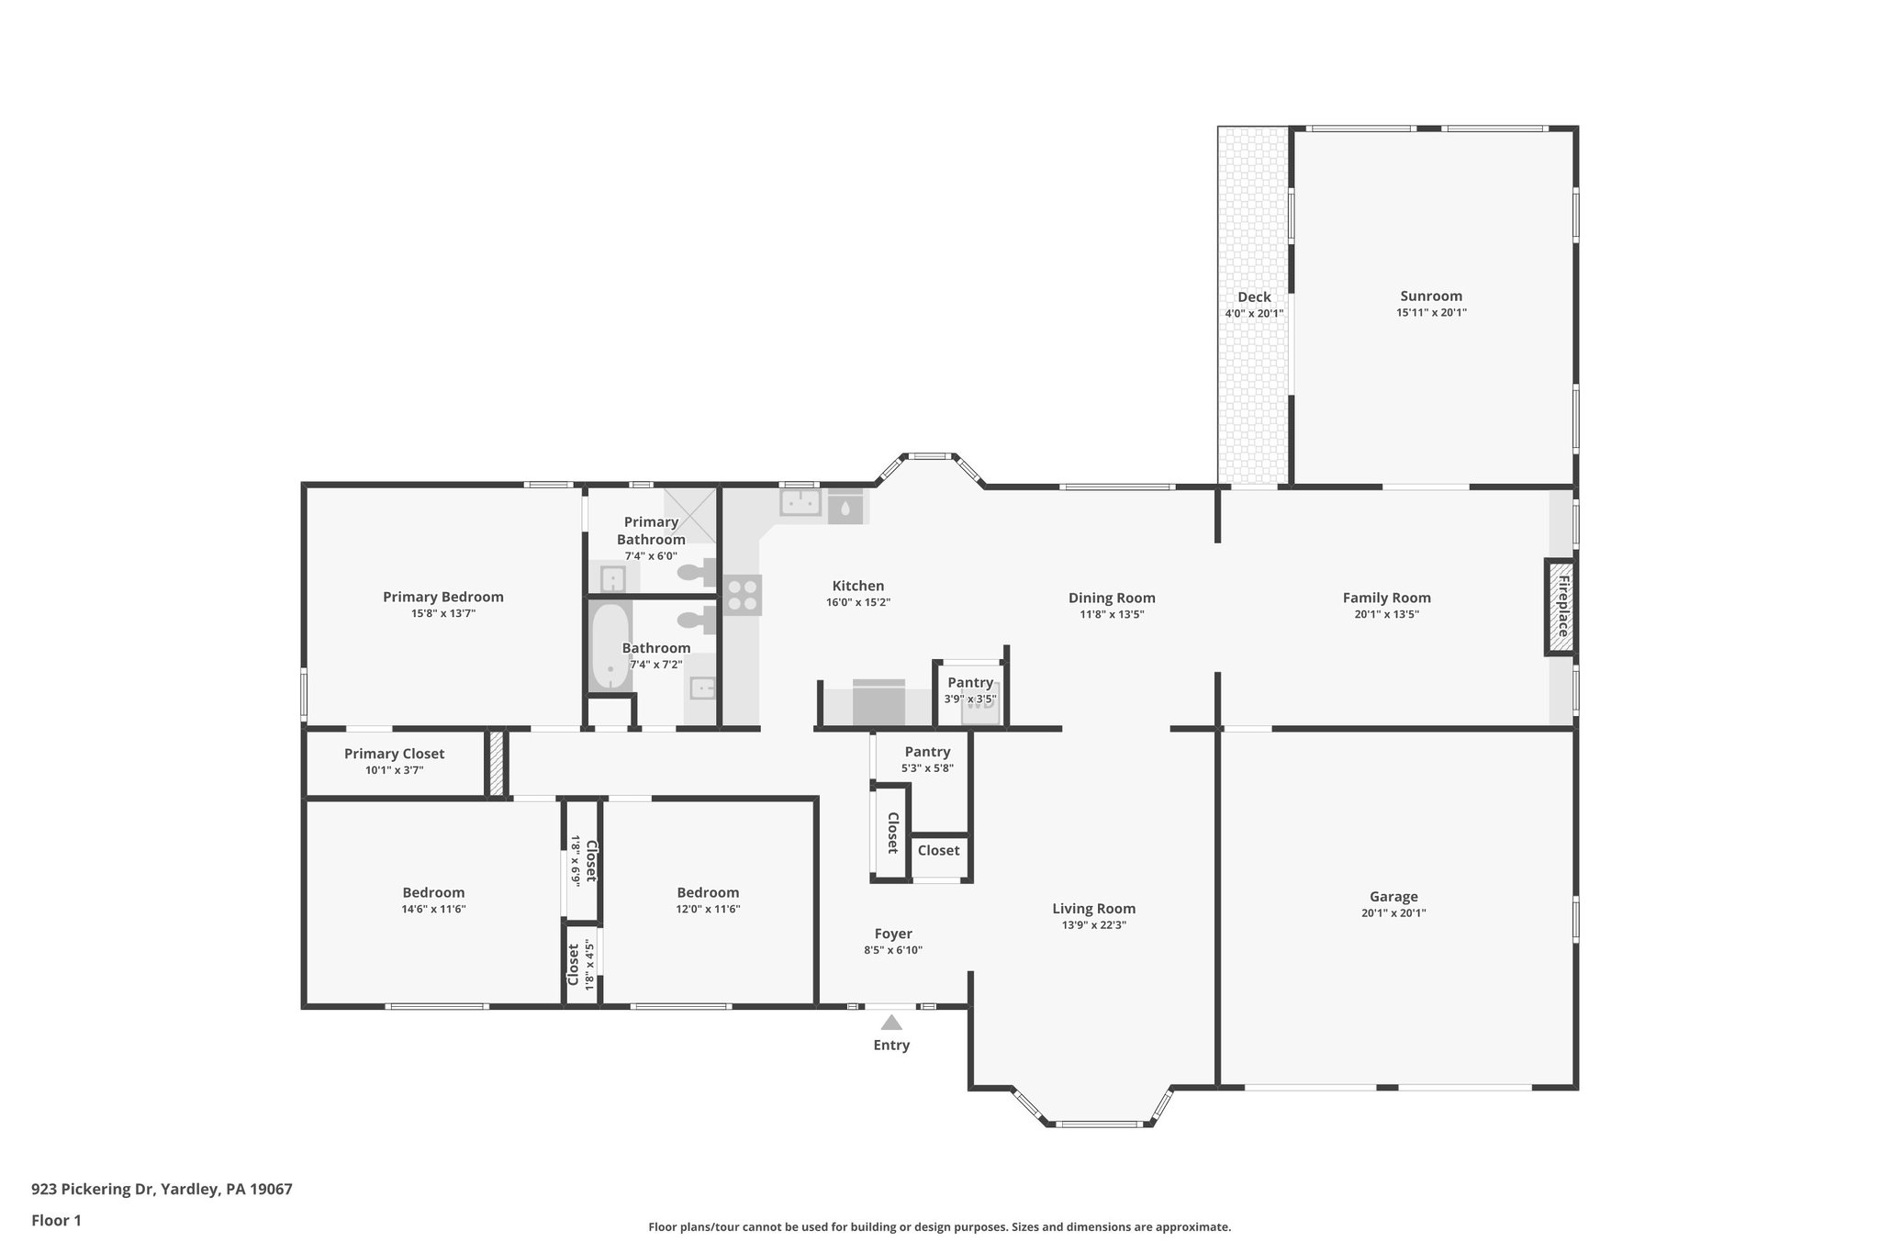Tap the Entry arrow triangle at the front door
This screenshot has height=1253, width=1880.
pyautogui.click(x=891, y=1023)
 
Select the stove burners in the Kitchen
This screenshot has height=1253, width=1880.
pyautogui.click(x=742, y=594)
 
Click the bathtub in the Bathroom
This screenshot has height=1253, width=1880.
pyautogui.click(x=610, y=646)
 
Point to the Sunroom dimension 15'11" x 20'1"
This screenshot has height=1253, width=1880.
pyautogui.click(x=1431, y=313)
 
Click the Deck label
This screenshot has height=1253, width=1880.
pyautogui.click(x=1254, y=296)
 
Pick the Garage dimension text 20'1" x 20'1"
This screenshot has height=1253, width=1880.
pyautogui.click(x=1393, y=913)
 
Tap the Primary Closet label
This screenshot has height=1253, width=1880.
pyautogui.click(x=394, y=754)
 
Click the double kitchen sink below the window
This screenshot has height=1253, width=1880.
pyautogui.click(x=800, y=503)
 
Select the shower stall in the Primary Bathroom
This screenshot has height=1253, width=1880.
pyautogui.click(x=690, y=515)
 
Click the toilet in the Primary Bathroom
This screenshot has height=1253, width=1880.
pyautogui.click(x=698, y=573)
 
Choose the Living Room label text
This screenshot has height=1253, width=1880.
pyautogui.click(x=1093, y=909)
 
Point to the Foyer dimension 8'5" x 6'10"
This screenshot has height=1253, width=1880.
pyautogui.click(x=892, y=950)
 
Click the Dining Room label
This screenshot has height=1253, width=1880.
pyautogui.click(x=1111, y=598)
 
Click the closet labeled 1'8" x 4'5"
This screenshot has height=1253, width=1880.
pyautogui.click(x=580, y=965)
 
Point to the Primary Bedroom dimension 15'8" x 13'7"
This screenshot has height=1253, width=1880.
pyautogui.click(x=442, y=613)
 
